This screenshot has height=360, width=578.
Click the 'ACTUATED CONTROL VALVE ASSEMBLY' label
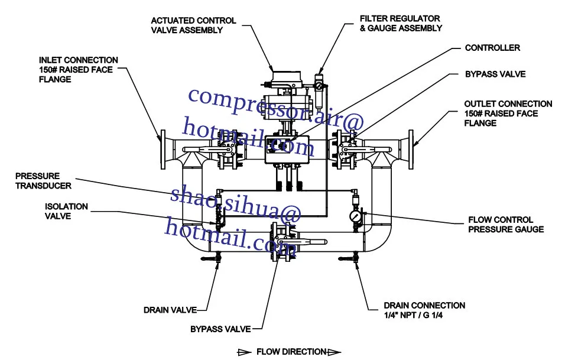tap(193, 25)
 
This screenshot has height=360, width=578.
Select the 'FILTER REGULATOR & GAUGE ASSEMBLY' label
tap(401, 23)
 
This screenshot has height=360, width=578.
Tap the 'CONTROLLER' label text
tap(492, 48)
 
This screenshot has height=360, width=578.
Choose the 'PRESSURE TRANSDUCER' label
tap(43, 181)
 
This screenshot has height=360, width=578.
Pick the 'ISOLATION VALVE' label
tap(66, 211)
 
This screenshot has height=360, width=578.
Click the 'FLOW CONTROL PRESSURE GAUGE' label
tap(506, 224)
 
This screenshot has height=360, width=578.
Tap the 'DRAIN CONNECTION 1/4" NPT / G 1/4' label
tap(424, 310)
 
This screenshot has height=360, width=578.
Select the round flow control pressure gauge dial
tap(356, 217)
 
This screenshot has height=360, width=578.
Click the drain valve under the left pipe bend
tap(217, 257)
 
